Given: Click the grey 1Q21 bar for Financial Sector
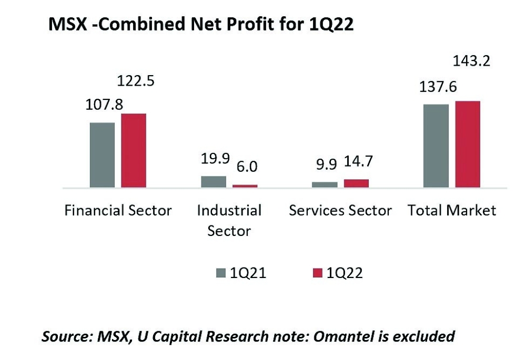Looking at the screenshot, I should click(x=102, y=155).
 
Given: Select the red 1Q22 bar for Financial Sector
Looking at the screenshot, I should click(x=133, y=150).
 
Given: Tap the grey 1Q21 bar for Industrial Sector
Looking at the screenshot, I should click(x=214, y=181).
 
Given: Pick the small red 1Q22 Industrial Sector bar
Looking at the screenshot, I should click(x=245, y=186).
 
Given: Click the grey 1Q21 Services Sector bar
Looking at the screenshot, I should click(x=325, y=184).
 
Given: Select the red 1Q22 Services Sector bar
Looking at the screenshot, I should click(x=356, y=183).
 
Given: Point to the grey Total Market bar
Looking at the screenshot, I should click(x=436, y=146).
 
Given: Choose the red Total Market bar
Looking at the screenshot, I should click(x=468, y=144).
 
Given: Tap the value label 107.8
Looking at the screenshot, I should click(x=104, y=105).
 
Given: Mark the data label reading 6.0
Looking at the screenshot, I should click(x=246, y=167).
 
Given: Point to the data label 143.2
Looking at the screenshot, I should click(x=472, y=61).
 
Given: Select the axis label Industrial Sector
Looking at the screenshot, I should click(x=229, y=220).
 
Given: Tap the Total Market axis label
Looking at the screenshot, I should click(x=452, y=210).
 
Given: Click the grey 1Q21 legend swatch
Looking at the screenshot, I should click(x=220, y=273).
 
